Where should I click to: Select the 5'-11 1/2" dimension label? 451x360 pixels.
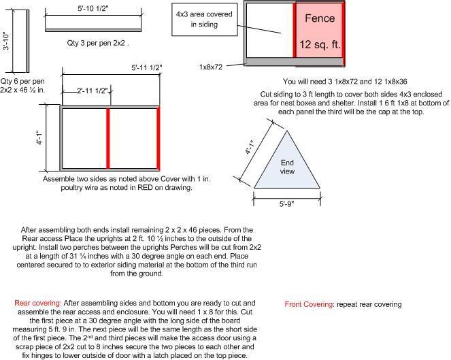pos(147,67)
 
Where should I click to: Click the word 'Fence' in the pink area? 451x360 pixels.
pos(320,18)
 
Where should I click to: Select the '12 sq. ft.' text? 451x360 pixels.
pos(320,45)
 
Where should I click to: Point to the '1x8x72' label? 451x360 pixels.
pos(211,67)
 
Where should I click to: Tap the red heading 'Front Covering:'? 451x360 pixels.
pos(308,304)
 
